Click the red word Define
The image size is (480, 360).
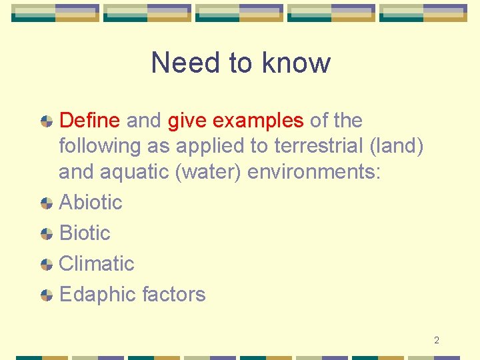[90, 121]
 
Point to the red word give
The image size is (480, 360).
[187, 121]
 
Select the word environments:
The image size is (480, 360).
[314, 171]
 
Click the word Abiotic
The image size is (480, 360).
[91, 202]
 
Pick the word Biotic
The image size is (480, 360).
[85, 233]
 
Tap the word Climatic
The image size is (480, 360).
[97, 263]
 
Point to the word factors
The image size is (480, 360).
[174, 294]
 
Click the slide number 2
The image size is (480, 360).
[437, 341]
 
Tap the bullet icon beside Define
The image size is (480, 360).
[47, 122]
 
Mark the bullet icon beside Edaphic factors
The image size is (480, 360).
[47, 295]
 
